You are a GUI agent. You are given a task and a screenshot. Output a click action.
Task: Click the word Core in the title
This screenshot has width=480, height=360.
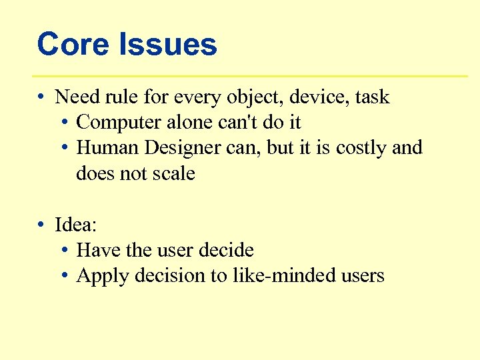(73, 45)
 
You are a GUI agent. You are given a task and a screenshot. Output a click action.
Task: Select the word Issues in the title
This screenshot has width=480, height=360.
(167, 45)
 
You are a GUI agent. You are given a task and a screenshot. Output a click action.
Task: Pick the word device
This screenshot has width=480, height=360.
(317, 97)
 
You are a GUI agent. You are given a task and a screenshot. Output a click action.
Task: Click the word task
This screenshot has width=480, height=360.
(372, 97)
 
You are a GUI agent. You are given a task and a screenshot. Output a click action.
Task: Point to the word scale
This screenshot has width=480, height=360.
(173, 173)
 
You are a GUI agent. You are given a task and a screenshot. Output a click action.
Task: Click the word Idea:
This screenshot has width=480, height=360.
(76, 225)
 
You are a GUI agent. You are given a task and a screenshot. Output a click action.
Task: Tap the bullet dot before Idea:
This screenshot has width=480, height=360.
(41, 225)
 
